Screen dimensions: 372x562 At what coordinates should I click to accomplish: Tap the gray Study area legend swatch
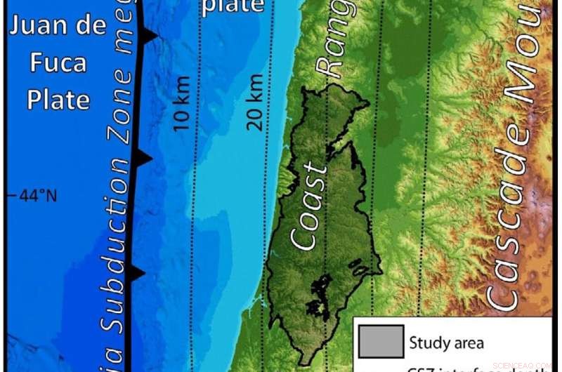pos(379,342)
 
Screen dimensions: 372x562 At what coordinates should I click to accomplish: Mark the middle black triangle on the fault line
pos(143,159)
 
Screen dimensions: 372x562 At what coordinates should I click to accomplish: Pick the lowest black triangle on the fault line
pos(137,272)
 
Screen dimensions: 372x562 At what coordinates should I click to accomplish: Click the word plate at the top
pos(233,7)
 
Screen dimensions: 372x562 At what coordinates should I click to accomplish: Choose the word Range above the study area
pos(330,39)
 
